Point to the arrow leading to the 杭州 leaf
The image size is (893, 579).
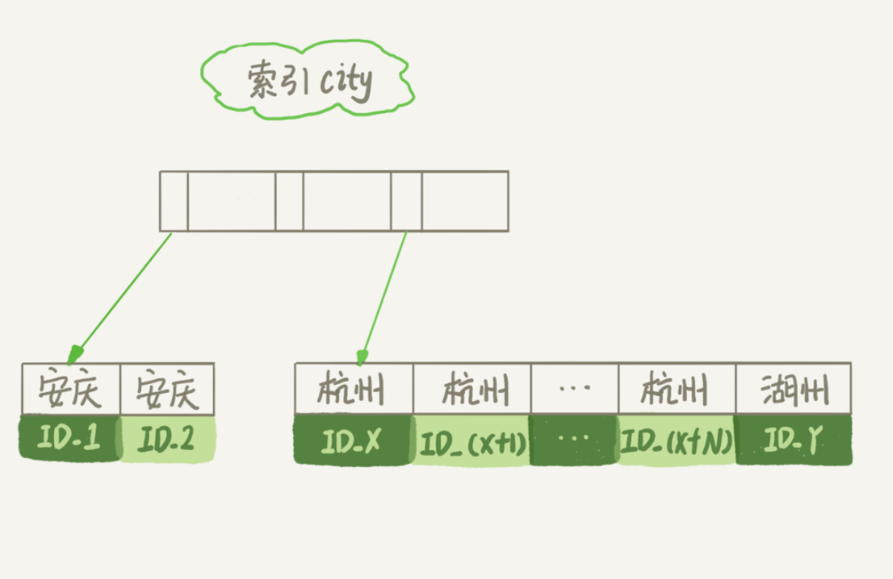pyautogui.click(x=383, y=297)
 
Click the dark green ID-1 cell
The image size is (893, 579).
pyautogui.click(x=70, y=440)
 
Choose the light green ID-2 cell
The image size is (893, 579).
pyautogui.click(x=168, y=440)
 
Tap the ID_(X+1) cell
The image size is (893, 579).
pyautogui.click(x=472, y=443)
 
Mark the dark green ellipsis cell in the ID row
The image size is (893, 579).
pyautogui.click(x=574, y=441)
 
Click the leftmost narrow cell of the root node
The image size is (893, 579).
pyautogui.click(x=174, y=201)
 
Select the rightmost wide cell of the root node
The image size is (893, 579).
pyautogui.click(x=465, y=201)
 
